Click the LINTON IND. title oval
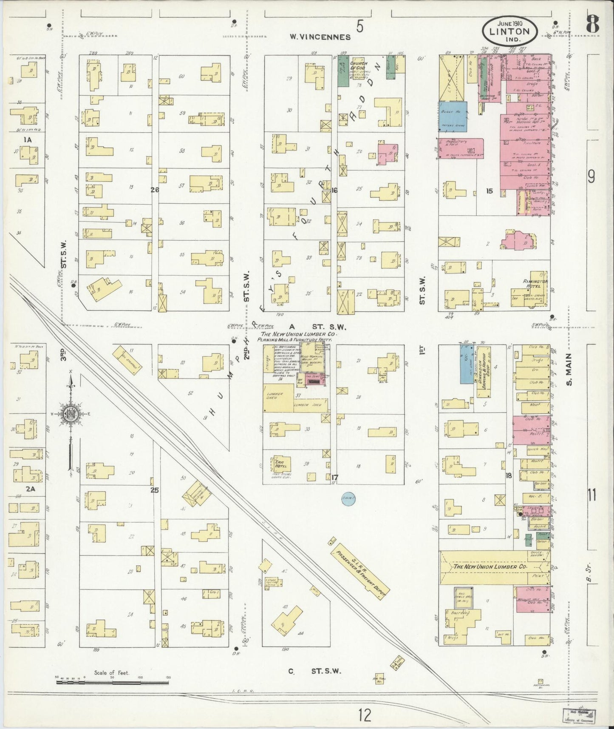tap(509, 31)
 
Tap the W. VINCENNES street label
tap(320, 37)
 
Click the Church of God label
tap(358, 66)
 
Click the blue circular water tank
tap(348, 498)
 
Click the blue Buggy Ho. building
tap(453, 116)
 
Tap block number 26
tap(154, 190)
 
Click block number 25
tap(154, 490)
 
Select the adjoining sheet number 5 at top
tap(360, 27)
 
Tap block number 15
tap(489, 191)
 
